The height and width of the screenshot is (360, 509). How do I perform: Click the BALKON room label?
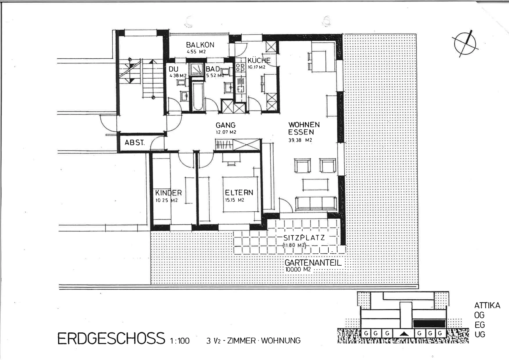[200, 45]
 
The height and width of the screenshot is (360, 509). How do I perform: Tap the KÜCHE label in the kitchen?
[259, 60]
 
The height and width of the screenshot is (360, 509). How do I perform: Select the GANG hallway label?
[225, 125]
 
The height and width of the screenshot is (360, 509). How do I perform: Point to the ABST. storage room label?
[134, 143]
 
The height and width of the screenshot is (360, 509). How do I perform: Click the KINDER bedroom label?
[168, 193]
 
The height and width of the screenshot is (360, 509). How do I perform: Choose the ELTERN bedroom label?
[239, 192]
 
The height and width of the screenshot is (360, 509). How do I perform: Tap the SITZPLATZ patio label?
[304, 238]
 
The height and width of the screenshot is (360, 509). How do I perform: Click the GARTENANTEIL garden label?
[313, 263]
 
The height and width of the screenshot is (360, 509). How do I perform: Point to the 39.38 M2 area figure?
[300, 140]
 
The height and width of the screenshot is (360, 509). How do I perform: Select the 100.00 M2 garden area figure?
[298, 269]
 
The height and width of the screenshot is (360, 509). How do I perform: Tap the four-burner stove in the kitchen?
[240, 68]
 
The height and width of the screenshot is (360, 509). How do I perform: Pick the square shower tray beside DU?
[197, 69]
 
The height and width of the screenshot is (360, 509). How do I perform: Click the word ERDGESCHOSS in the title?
[111, 338]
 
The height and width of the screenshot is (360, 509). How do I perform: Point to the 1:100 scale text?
[180, 341]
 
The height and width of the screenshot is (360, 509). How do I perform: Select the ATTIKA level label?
[487, 305]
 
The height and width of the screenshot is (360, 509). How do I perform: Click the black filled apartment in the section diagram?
[429, 323]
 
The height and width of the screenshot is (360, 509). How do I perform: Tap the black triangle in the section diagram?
[404, 334]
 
